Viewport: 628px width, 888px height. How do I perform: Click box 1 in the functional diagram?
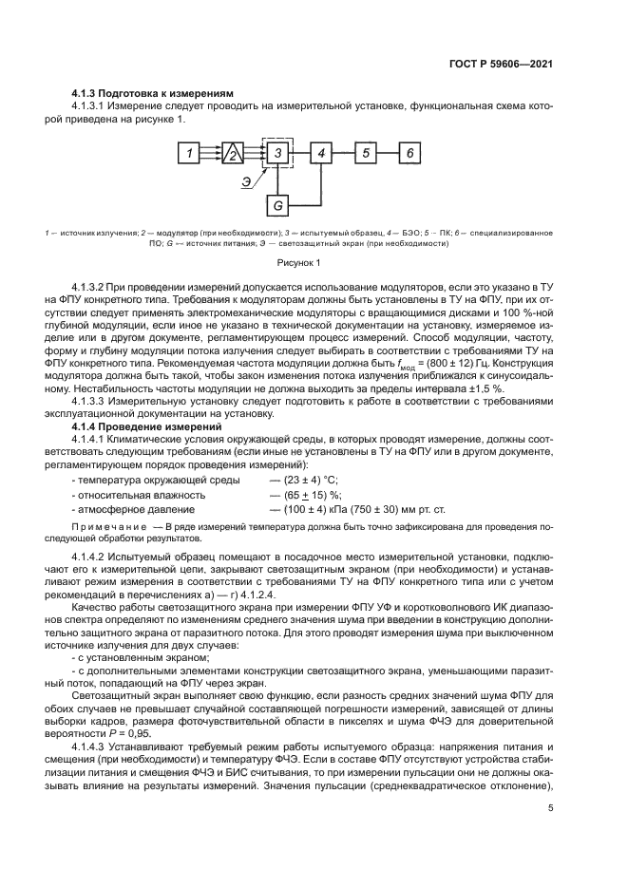click(190, 153)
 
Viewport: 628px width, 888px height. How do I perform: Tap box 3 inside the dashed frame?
click(277, 153)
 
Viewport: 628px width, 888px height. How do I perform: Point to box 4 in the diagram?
click(322, 153)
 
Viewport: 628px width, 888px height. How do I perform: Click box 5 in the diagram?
click(365, 153)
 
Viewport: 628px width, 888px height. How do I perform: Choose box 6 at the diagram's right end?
click(408, 153)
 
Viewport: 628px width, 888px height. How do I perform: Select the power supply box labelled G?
click(277, 204)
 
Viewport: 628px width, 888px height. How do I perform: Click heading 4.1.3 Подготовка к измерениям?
click(153, 93)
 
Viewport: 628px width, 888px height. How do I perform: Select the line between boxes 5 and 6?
click(386, 153)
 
